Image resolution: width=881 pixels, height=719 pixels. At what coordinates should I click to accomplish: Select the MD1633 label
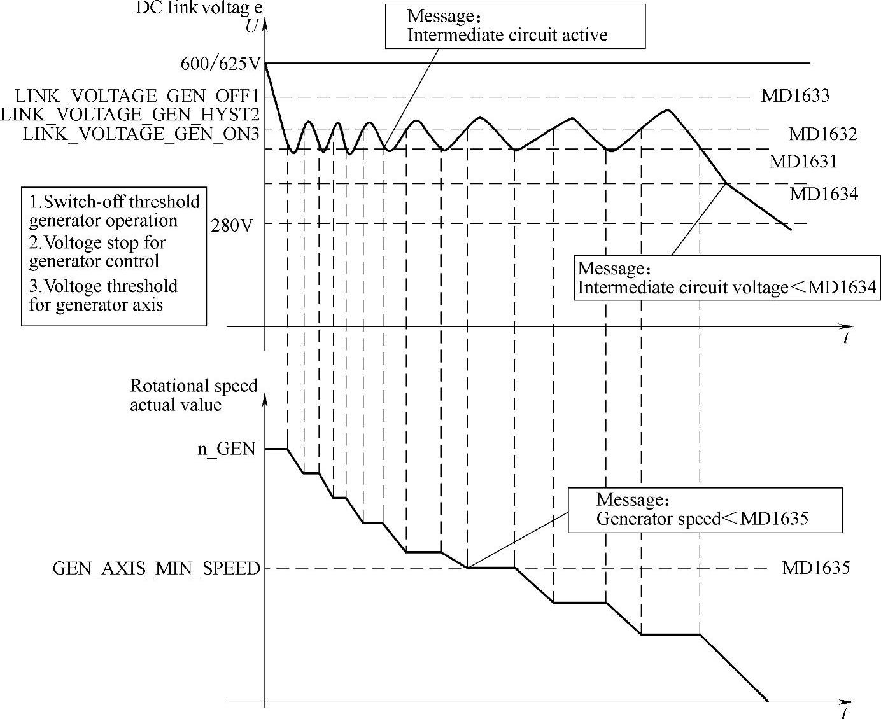click(795, 96)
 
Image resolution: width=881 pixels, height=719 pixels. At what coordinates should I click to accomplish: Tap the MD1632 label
click(822, 134)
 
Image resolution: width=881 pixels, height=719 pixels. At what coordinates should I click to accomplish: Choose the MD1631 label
click(803, 161)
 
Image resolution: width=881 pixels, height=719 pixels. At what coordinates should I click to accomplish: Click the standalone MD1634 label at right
click(824, 193)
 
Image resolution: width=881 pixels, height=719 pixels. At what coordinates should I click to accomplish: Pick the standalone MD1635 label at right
click(815, 567)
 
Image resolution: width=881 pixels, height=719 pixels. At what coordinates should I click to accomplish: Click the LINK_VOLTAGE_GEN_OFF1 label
click(136, 97)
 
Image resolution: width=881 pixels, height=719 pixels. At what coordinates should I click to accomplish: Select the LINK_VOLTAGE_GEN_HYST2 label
click(130, 115)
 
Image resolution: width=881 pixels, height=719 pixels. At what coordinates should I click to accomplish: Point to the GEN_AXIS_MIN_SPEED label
click(157, 568)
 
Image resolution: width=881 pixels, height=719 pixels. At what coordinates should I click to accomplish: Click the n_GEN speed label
click(226, 449)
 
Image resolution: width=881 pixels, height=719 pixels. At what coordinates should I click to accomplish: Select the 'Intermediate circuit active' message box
click(514, 26)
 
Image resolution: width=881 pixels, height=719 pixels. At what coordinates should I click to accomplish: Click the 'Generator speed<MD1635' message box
click(705, 510)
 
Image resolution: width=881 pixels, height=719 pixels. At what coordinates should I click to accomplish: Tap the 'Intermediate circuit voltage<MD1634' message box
click(726, 277)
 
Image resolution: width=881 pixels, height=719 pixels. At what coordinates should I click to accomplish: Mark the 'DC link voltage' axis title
click(199, 9)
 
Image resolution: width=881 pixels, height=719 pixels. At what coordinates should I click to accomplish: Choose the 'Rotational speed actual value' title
click(193, 395)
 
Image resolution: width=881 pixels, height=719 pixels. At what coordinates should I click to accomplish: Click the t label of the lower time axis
click(844, 712)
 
